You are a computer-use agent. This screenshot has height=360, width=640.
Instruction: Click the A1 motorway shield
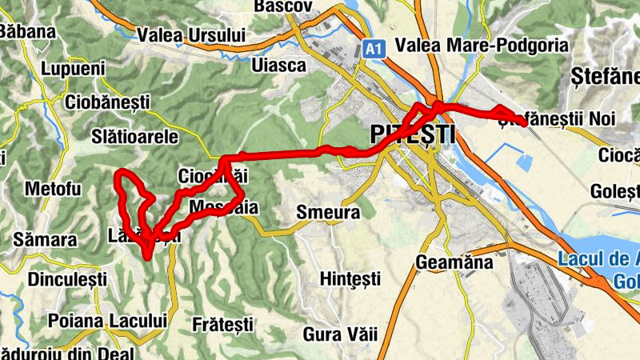[372, 50]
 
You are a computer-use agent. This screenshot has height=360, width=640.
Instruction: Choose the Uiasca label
[278, 66]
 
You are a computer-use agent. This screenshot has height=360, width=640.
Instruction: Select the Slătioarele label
[135, 137]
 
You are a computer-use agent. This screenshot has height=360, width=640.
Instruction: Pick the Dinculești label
[67, 280]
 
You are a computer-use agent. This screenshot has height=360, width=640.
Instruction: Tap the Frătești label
[223, 324]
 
